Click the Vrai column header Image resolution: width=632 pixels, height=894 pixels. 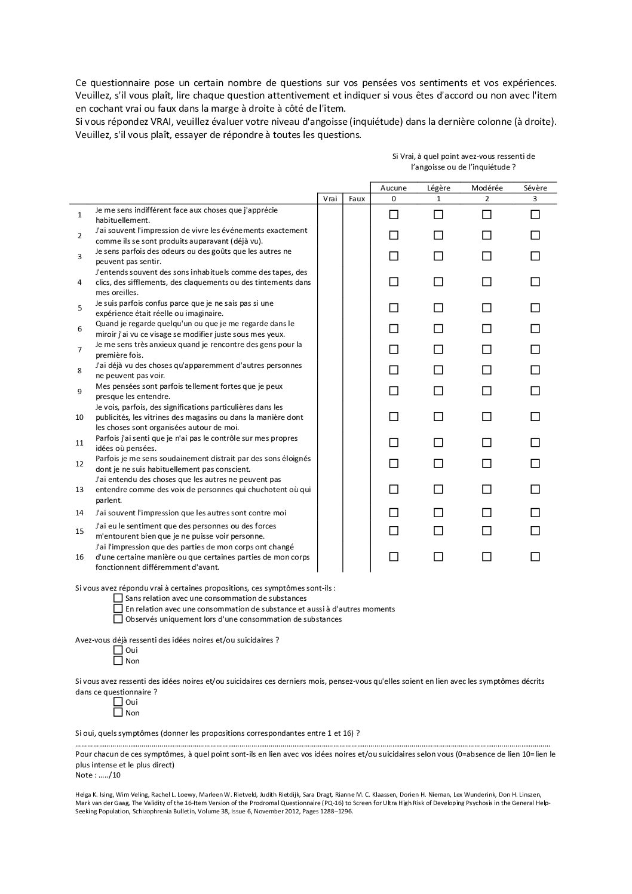[330, 199]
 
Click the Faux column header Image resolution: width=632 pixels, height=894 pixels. [357, 199]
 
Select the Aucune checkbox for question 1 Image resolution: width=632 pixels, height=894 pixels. [394, 214]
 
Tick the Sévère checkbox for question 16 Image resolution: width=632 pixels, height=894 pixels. [535, 557]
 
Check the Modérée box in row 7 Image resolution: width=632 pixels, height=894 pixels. [487, 349]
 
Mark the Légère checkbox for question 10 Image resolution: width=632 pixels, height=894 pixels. [438, 416]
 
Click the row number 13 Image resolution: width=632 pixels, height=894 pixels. [79, 490]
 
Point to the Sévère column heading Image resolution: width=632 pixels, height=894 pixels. [535, 188]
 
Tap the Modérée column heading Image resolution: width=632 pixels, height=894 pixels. [487, 188]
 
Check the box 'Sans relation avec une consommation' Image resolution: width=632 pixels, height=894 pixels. [118, 598]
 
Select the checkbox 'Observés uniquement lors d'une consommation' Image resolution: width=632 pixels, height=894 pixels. [118, 619]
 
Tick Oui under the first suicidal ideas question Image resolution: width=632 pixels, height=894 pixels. [118, 650]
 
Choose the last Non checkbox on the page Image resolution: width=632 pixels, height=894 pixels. [118, 712]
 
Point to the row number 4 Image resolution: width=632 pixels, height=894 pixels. [79, 282]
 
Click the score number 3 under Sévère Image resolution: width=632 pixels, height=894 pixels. [535, 199]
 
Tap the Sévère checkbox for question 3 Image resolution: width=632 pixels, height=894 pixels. [535, 256]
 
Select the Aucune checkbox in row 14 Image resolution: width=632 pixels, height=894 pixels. [394, 512]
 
